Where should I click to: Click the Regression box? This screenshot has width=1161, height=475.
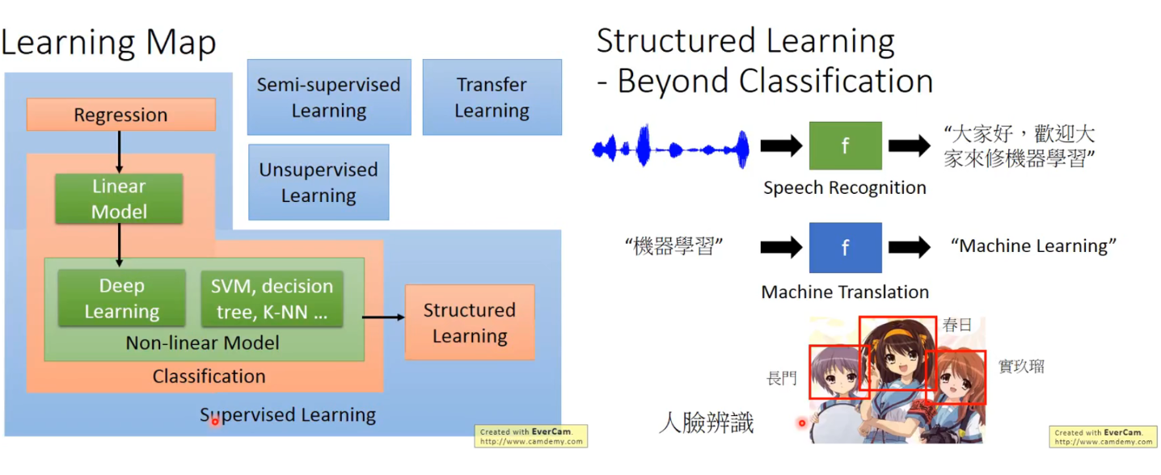coord(120,115)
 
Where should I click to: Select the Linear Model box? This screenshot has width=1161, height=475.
coord(119,199)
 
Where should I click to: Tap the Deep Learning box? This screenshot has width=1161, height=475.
coord(121,299)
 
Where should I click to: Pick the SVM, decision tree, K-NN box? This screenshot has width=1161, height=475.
coord(272,299)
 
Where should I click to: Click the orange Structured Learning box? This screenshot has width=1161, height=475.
coord(469,322)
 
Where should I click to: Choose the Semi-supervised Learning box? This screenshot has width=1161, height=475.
coord(328,97)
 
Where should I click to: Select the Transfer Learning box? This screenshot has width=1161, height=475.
coord(492,97)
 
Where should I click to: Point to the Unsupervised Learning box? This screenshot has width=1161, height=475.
coord(319,182)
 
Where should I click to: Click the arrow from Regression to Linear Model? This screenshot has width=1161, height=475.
coord(119,152)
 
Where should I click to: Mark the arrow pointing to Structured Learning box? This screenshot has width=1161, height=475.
coord(383,317)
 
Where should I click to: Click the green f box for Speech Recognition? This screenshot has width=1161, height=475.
coord(845,145)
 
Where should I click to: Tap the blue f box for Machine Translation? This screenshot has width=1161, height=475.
coord(845,247)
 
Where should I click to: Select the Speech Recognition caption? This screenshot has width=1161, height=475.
coord(845,188)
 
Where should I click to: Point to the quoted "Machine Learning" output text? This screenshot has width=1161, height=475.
coord(1033,246)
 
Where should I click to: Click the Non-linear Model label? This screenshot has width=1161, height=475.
coord(202,343)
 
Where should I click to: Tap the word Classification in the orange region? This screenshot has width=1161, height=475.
coord(209,376)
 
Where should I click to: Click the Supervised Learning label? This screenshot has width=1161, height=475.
coord(288,415)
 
